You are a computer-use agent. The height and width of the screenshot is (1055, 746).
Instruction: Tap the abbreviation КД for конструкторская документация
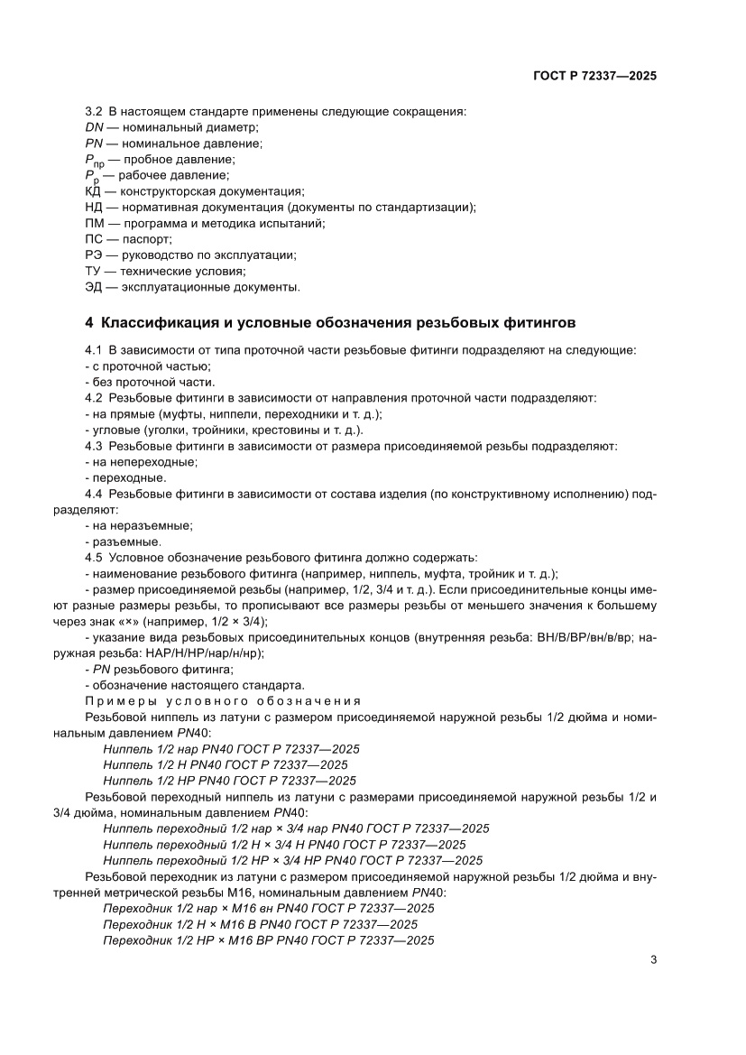coord(93,190)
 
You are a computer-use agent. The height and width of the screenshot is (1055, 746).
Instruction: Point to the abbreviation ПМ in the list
coord(94,223)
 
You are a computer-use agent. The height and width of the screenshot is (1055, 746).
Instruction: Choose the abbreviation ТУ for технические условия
coord(93,271)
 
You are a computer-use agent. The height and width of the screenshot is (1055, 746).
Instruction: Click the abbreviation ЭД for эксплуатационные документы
coord(93,287)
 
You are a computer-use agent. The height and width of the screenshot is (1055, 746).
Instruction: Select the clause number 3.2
coord(94,111)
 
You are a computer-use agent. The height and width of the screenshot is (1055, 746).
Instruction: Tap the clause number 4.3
coord(94,446)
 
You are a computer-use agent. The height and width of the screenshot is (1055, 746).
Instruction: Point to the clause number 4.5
coord(94,557)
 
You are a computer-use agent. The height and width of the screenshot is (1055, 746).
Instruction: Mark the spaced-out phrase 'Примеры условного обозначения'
coord(223,701)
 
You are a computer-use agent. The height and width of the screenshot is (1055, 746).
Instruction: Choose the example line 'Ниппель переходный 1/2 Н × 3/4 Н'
coord(284,844)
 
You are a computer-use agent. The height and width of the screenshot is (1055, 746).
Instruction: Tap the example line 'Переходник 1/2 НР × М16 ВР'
coord(268,939)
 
